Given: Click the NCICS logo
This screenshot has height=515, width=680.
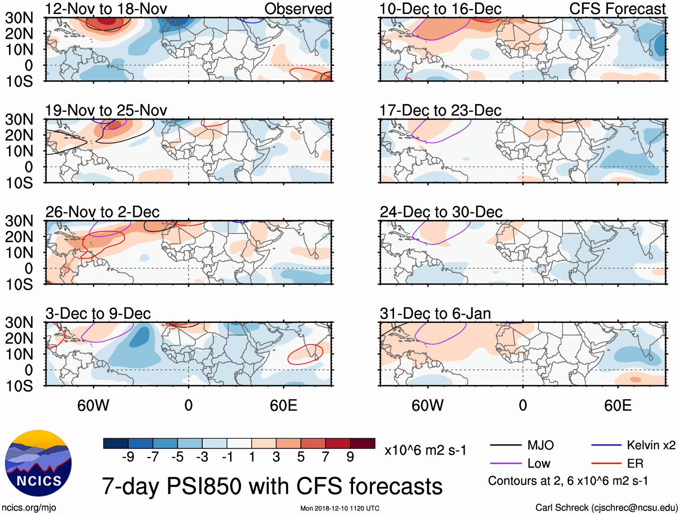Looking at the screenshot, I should coord(38,463).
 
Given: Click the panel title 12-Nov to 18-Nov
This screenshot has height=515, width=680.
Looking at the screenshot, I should coord(106,9).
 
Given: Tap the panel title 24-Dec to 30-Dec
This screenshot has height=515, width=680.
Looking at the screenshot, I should coord(441,212).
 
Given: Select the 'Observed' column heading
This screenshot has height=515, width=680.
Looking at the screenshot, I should coord(298,9).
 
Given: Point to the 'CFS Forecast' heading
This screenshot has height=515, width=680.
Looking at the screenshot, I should coord(617,9).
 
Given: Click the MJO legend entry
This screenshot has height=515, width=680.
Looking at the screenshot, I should coord(540,446).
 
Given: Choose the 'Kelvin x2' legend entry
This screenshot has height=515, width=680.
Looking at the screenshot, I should coord(651,446).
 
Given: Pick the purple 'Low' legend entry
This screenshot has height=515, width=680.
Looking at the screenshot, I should coord(539,464).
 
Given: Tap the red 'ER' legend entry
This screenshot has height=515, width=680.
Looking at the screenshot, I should coord(635,464).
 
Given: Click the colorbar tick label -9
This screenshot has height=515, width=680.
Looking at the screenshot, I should coord(128,457).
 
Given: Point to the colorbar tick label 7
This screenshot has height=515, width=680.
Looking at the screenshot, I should coord(326,457).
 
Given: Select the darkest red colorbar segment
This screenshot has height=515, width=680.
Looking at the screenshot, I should coord(363,443).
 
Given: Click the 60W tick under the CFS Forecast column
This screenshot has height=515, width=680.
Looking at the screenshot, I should coord(427,405).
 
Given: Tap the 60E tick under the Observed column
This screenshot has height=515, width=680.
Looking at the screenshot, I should coord(283,405).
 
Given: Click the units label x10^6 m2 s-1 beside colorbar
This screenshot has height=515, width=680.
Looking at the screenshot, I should coord(425,451).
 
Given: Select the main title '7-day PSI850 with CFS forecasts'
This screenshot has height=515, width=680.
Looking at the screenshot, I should coord(272,486).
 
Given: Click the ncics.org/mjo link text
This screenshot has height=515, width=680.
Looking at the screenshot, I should coord(29,508).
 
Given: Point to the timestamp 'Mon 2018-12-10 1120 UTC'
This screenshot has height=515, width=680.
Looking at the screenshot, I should coord(340,508).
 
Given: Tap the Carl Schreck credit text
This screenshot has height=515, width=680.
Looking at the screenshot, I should coord(606,508).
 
